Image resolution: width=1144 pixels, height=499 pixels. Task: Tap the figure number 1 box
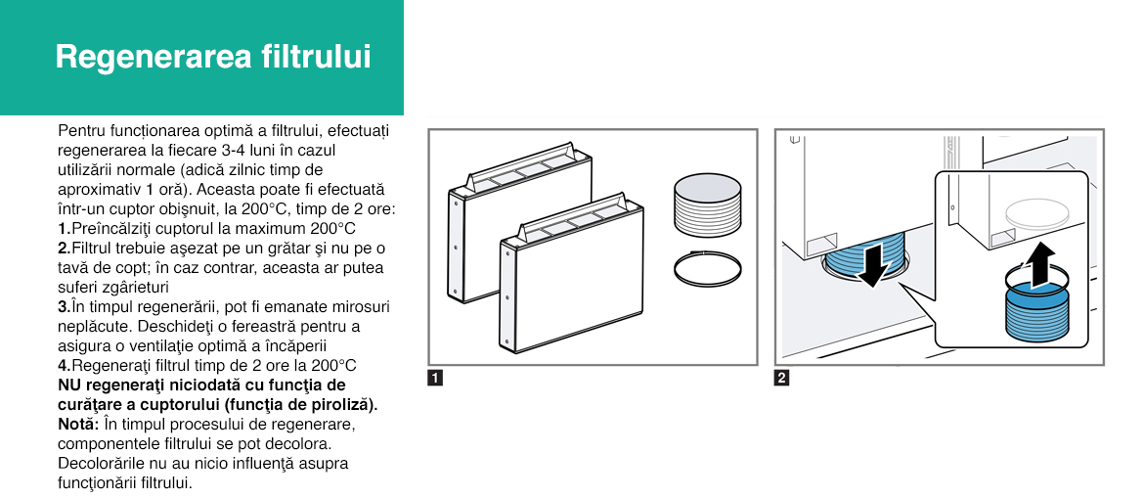(435, 379)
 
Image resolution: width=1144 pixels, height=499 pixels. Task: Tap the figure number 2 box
(781, 379)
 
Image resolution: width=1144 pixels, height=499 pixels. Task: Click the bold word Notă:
(78, 424)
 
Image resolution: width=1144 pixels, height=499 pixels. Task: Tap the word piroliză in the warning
(347, 404)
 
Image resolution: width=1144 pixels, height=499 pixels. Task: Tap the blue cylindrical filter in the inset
(1036, 314)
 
